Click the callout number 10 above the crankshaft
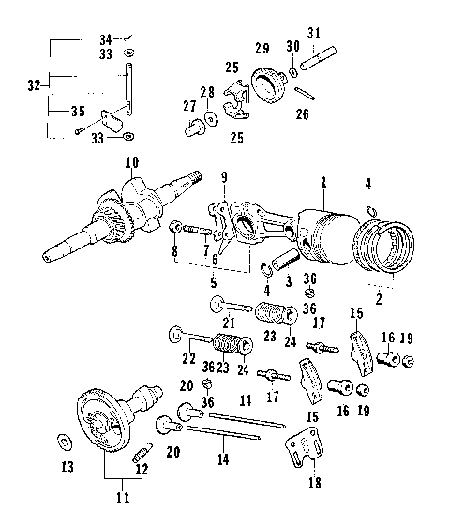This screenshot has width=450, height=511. pyautogui.click(x=131, y=163)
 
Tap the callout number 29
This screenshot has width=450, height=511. pyautogui.click(x=262, y=47)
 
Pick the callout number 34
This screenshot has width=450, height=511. pyautogui.click(x=105, y=38)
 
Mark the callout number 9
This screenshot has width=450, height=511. pyautogui.click(x=223, y=175)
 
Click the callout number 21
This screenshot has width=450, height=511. pyautogui.click(x=228, y=323)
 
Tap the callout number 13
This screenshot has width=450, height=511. pyautogui.click(x=66, y=466)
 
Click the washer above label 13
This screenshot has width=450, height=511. pyautogui.click(x=63, y=440)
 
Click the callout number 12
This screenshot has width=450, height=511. pyautogui.click(x=142, y=469)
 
